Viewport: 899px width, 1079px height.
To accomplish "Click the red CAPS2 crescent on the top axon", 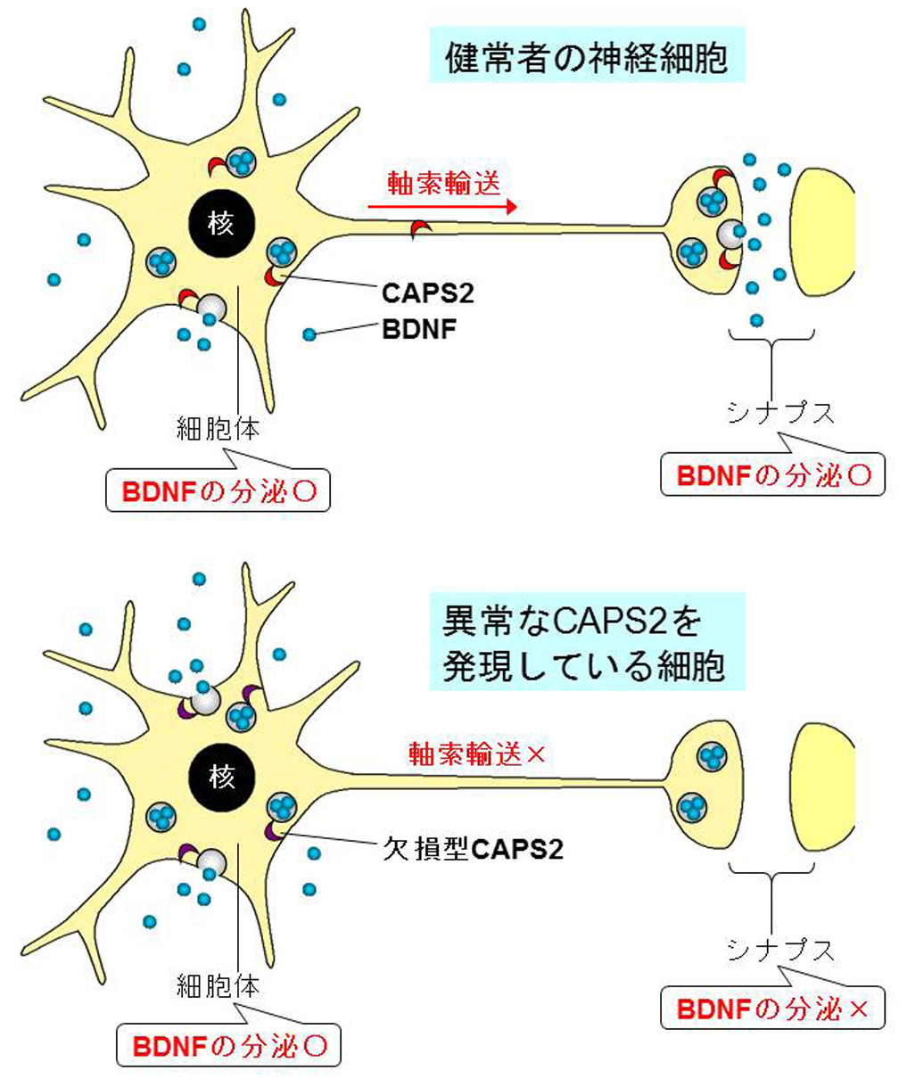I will (x=419, y=231).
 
